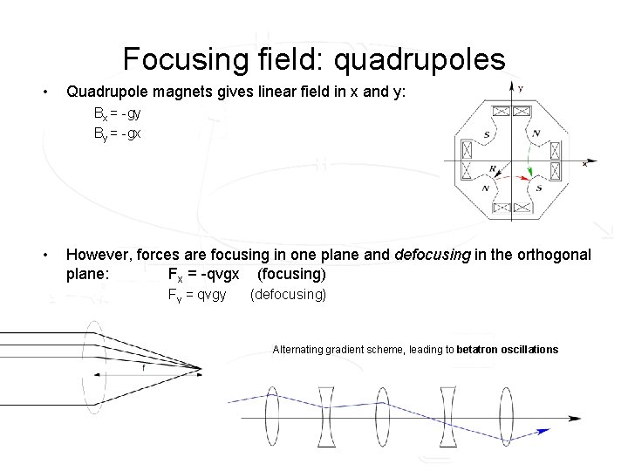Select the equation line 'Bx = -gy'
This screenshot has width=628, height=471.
(118, 114)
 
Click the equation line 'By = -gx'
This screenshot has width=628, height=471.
(118, 133)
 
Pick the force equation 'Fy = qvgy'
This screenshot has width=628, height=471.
(197, 295)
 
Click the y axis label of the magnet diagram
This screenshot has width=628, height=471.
(520, 89)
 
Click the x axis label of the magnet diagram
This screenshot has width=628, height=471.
(584, 164)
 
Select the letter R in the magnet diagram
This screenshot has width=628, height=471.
(493, 169)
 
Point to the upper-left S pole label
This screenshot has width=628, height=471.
(486, 134)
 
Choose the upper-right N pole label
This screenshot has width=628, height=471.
(536, 133)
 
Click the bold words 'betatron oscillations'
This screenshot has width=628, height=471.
(507, 350)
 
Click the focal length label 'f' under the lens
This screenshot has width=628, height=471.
(143, 367)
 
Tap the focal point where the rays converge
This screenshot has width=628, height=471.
(202, 367)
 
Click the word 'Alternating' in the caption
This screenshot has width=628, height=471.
(297, 350)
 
